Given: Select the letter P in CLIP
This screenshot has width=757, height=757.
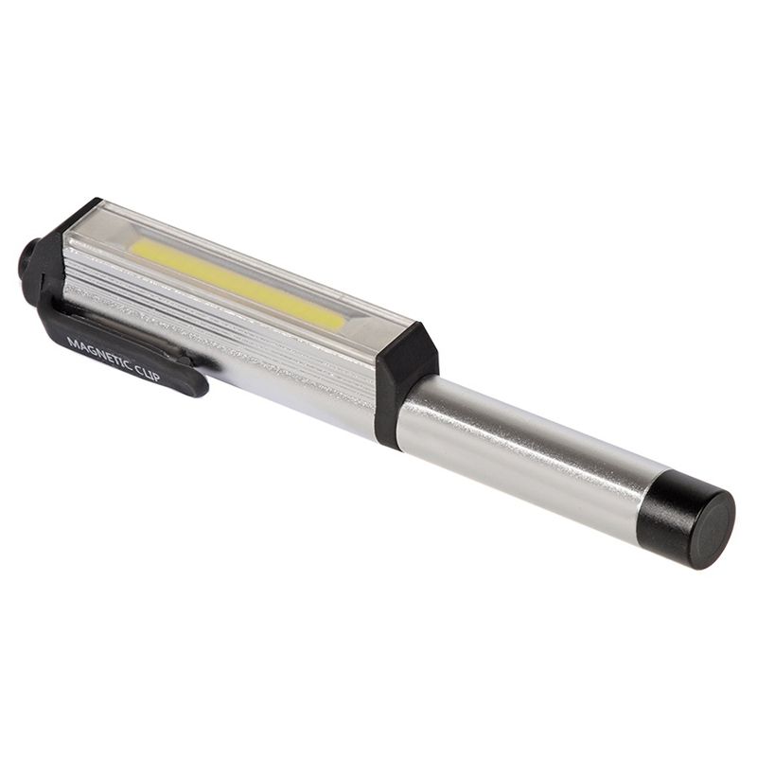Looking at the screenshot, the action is point(157,377).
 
